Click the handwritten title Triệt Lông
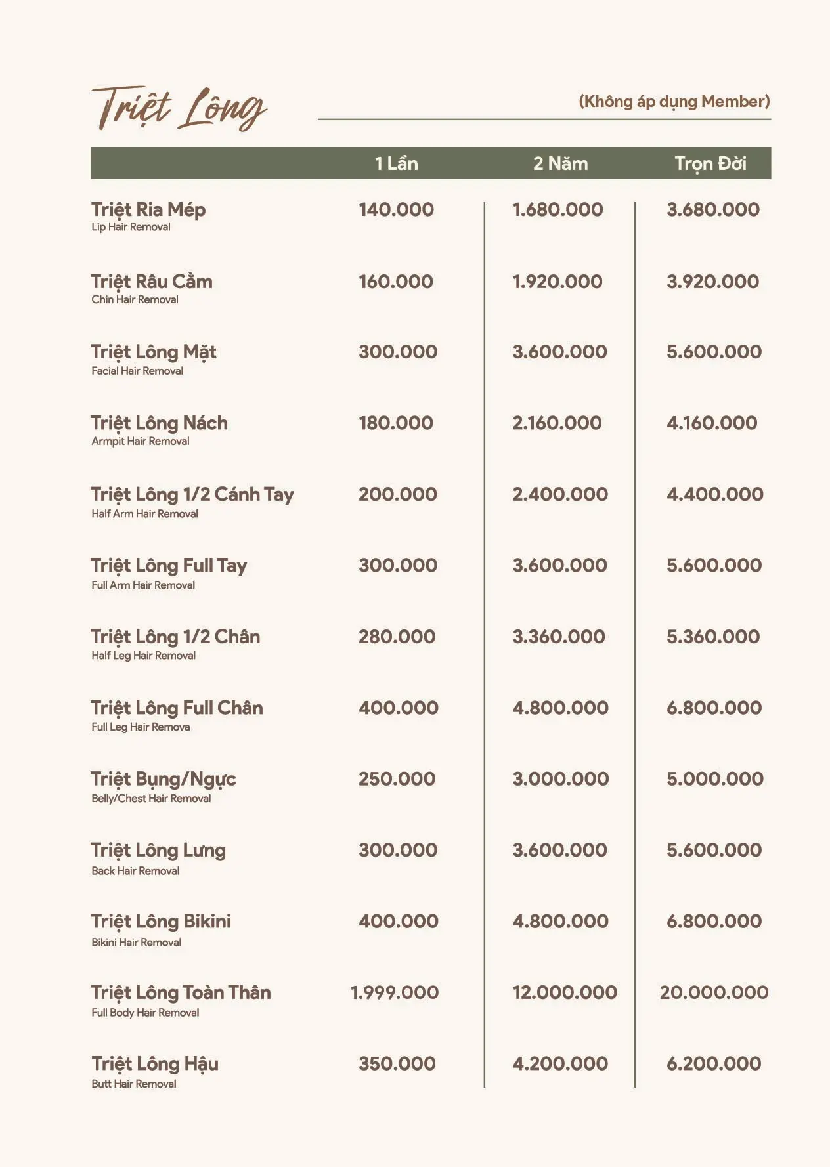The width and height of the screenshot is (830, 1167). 179,108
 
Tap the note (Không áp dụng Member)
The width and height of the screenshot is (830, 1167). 674,102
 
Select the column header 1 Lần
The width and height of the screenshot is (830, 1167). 396,163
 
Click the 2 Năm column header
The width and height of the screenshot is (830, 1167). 560,163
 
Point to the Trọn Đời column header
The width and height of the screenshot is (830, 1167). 710,163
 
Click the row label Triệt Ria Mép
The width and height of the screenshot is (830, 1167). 148,210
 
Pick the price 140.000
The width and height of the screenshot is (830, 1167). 396,210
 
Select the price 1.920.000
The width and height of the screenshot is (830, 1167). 557,282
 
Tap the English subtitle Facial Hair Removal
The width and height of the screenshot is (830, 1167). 137,371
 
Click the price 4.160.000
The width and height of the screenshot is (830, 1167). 712,423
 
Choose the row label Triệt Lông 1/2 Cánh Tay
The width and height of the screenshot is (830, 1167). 192,495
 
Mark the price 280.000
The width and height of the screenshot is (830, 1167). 397,637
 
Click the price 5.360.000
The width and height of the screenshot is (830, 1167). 713,637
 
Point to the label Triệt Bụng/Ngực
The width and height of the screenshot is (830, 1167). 164,779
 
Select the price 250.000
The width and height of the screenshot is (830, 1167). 397,779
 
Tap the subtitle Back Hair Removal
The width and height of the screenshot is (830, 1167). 135,871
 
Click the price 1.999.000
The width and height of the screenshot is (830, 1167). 395,992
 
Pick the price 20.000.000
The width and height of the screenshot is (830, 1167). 714,992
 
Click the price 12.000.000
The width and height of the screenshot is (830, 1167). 565,992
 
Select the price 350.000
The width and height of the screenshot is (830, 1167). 397,1064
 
